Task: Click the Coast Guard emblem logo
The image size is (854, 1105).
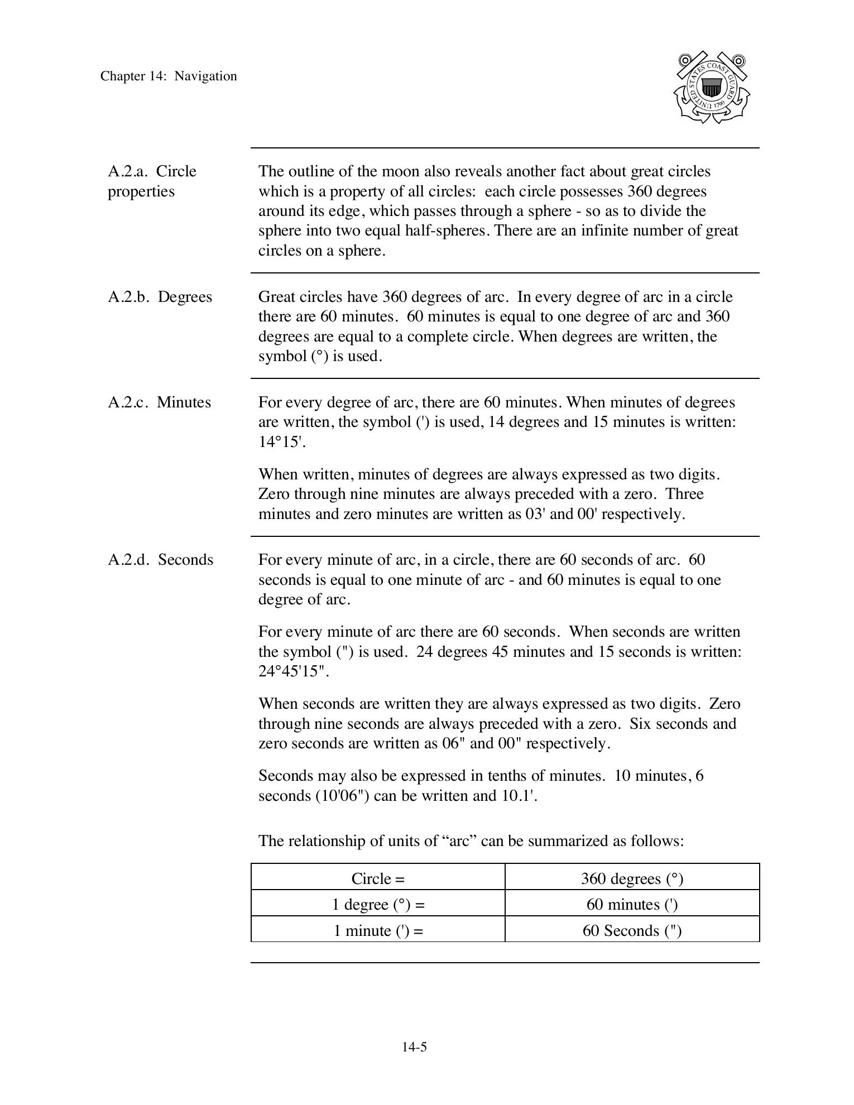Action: click(711, 88)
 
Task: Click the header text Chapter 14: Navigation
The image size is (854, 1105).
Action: click(169, 76)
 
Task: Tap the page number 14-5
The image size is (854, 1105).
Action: click(414, 1047)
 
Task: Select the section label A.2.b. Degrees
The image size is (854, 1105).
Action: click(160, 297)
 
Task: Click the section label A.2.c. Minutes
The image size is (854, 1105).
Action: click(159, 402)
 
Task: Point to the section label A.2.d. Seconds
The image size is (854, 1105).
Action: click(160, 560)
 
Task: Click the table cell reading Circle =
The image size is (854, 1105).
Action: click(378, 879)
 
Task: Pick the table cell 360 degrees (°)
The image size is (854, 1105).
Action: click(632, 879)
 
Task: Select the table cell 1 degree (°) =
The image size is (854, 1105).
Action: click(378, 905)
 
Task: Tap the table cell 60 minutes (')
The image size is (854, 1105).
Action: click(632, 905)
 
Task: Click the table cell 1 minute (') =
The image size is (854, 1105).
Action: click(378, 931)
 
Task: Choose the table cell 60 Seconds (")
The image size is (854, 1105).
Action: click(632, 931)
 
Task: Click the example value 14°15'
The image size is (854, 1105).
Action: click(282, 442)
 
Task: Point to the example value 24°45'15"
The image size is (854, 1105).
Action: click(294, 671)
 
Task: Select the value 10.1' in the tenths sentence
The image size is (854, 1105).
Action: click(519, 796)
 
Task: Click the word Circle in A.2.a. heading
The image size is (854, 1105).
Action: click(176, 171)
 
